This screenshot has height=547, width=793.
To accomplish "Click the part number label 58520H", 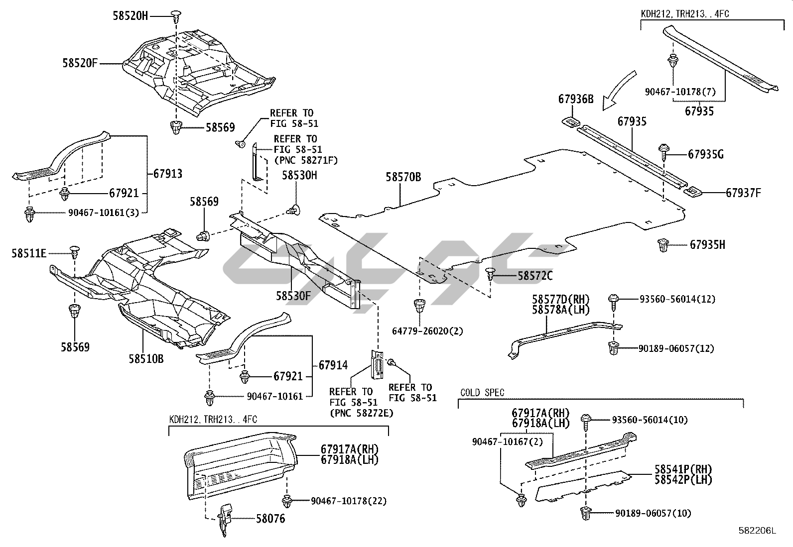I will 130,16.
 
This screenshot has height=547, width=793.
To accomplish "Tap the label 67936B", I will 575,99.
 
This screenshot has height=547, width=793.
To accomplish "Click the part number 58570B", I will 403,177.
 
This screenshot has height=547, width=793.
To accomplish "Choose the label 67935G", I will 706,154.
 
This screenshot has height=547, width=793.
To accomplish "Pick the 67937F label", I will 743,193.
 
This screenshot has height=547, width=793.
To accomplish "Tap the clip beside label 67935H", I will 663,244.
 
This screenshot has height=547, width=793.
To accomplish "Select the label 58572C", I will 535,276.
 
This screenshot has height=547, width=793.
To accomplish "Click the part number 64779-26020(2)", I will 427,331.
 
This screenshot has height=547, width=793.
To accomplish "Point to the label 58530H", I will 299,175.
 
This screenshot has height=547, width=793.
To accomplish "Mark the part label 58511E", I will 29,254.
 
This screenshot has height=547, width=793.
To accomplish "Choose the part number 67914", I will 333,365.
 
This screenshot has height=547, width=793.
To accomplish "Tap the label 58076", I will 270,519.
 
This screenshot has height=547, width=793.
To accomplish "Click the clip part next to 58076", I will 224,518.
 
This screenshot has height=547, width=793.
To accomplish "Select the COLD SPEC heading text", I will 482,393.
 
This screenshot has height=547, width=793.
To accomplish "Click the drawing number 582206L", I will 757,531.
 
